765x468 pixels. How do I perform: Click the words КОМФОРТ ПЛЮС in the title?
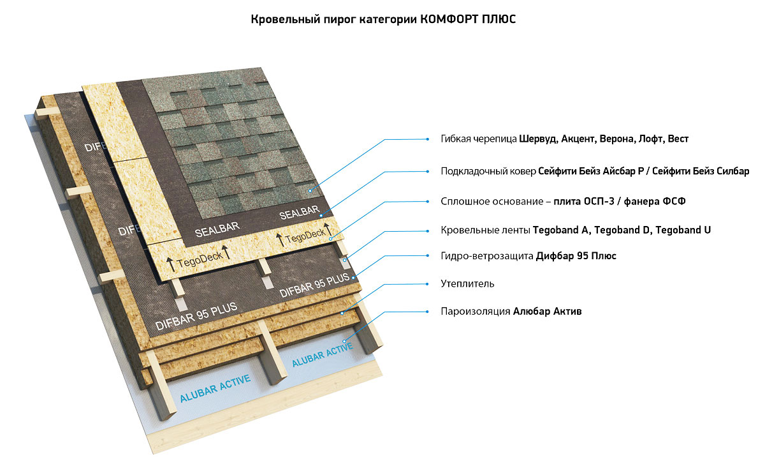click(x=467, y=19)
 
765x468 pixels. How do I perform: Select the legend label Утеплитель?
click(x=467, y=283)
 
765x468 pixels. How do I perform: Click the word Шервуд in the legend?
click(x=538, y=139)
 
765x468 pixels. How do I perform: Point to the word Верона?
click(x=611, y=139)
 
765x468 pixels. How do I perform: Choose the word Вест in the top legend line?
click(x=678, y=139)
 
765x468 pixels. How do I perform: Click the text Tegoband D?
click(x=622, y=230)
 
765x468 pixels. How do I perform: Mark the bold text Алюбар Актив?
click(x=548, y=312)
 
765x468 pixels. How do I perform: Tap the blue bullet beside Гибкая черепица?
click(x=427, y=139)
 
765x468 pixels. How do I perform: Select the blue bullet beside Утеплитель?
click(x=427, y=283)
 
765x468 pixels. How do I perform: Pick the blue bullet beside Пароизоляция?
click(x=427, y=312)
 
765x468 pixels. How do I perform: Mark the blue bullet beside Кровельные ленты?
click(x=427, y=230)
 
